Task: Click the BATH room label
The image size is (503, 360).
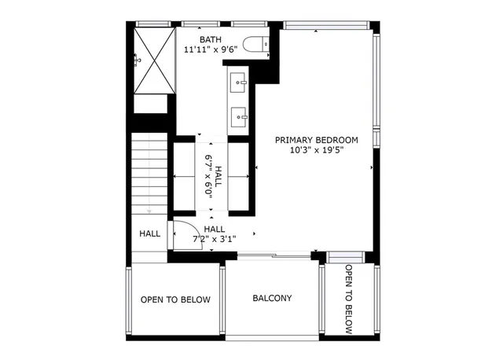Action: [210, 39]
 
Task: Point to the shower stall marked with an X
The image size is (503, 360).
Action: [152, 60]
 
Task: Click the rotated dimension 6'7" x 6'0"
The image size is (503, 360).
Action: [209, 174]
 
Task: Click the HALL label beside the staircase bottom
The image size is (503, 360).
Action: [149, 233]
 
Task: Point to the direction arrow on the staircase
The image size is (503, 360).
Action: [149, 211]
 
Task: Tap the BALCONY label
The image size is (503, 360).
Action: [272, 299]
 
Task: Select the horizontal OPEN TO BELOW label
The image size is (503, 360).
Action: [175, 299]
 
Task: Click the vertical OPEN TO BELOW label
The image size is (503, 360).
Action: [349, 299]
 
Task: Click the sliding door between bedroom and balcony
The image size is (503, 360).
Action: [275, 255]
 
